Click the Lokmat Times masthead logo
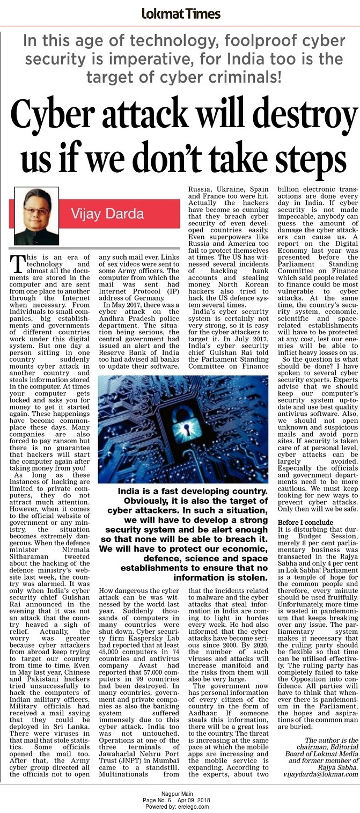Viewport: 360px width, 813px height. point(180,14)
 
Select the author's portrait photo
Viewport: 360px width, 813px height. point(36,216)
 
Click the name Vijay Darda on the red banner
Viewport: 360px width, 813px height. point(108,214)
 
